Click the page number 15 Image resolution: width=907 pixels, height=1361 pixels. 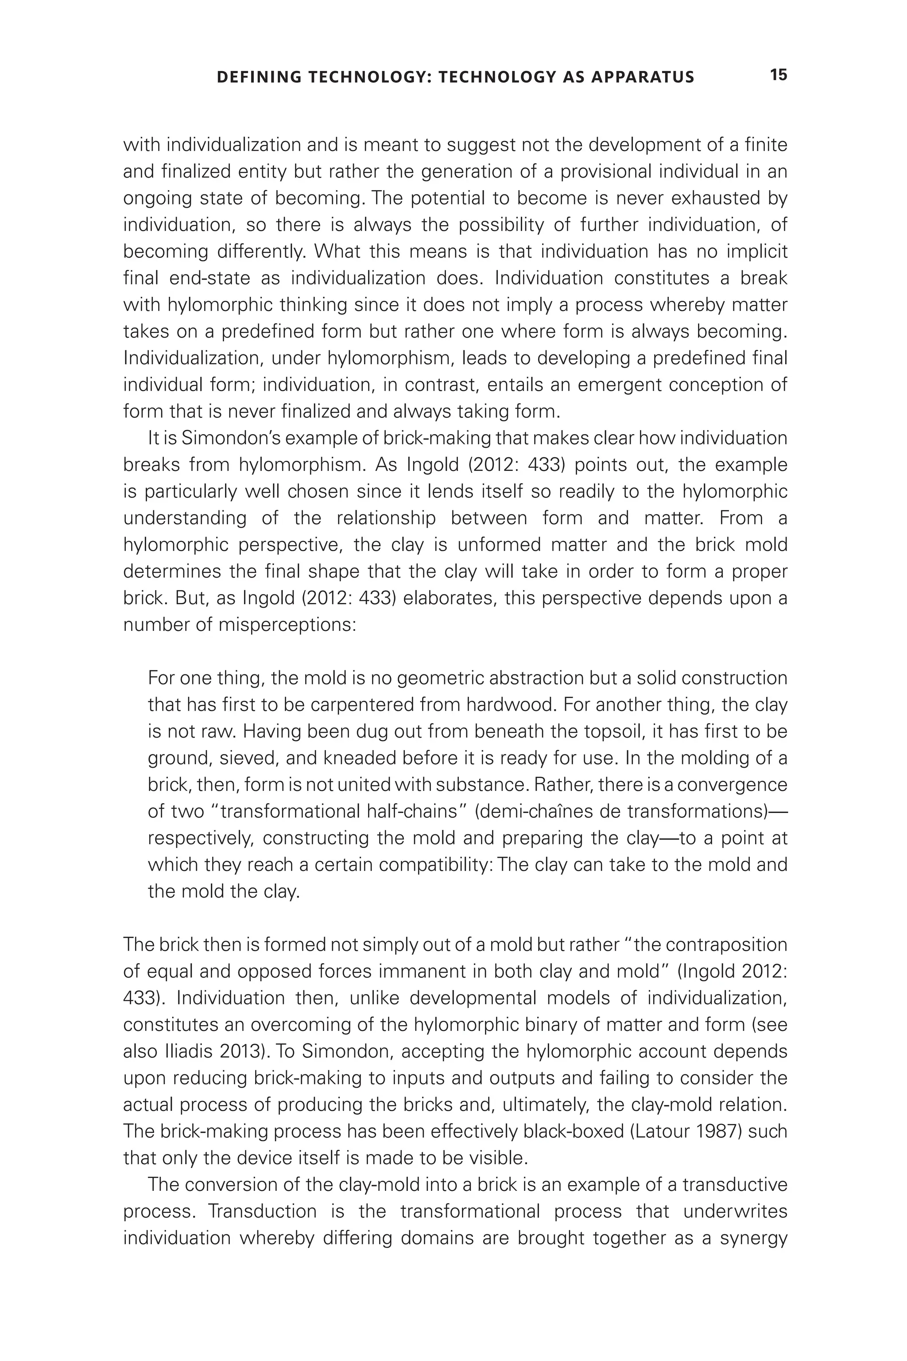(778, 75)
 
